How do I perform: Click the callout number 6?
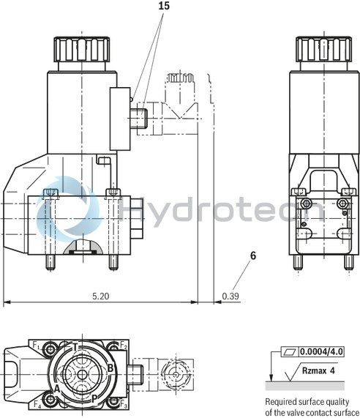click(253, 256)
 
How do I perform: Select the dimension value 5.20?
click(101, 296)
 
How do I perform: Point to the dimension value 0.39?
click(230, 296)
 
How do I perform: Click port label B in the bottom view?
click(110, 367)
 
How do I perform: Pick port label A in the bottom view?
click(56, 389)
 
